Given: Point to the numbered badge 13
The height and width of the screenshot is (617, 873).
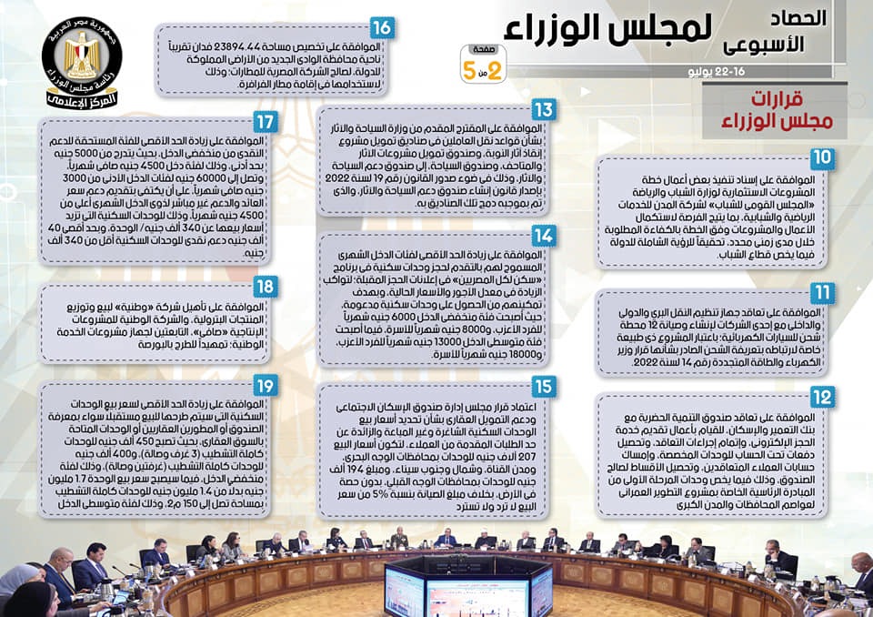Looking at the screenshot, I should coord(544,110).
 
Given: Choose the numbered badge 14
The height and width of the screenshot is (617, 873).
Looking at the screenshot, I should coord(544,236).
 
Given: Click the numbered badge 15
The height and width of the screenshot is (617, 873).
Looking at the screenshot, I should coord(544,386).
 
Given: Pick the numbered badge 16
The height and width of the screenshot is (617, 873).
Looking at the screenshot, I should coord(382,28).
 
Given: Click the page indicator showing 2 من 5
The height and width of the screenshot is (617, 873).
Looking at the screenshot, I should coord(483,65).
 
